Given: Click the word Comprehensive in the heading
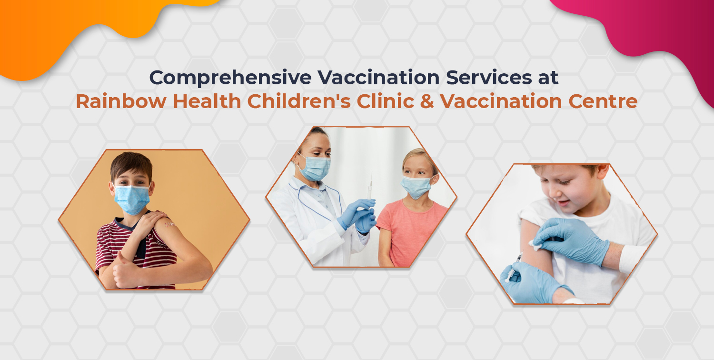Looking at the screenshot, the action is tap(230, 78).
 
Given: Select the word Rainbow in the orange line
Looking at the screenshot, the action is tap(121, 101).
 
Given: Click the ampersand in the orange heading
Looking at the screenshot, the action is tap(427, 101).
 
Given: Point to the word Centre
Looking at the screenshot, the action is tap(603, 101).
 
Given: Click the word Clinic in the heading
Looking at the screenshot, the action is tap(386, 101).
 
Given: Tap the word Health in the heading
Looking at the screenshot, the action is tap(207, 101).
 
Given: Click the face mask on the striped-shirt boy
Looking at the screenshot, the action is tap(132, 200).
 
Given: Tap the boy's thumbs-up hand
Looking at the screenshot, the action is tap(124, 271).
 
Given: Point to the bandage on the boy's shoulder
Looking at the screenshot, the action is tap(169, 224).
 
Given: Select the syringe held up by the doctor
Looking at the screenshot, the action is tap(370, 191).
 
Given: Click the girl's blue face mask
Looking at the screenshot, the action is tap(416, 187).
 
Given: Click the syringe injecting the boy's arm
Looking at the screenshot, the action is tap(514, 267).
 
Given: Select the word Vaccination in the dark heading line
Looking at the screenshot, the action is tap(378, 77).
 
